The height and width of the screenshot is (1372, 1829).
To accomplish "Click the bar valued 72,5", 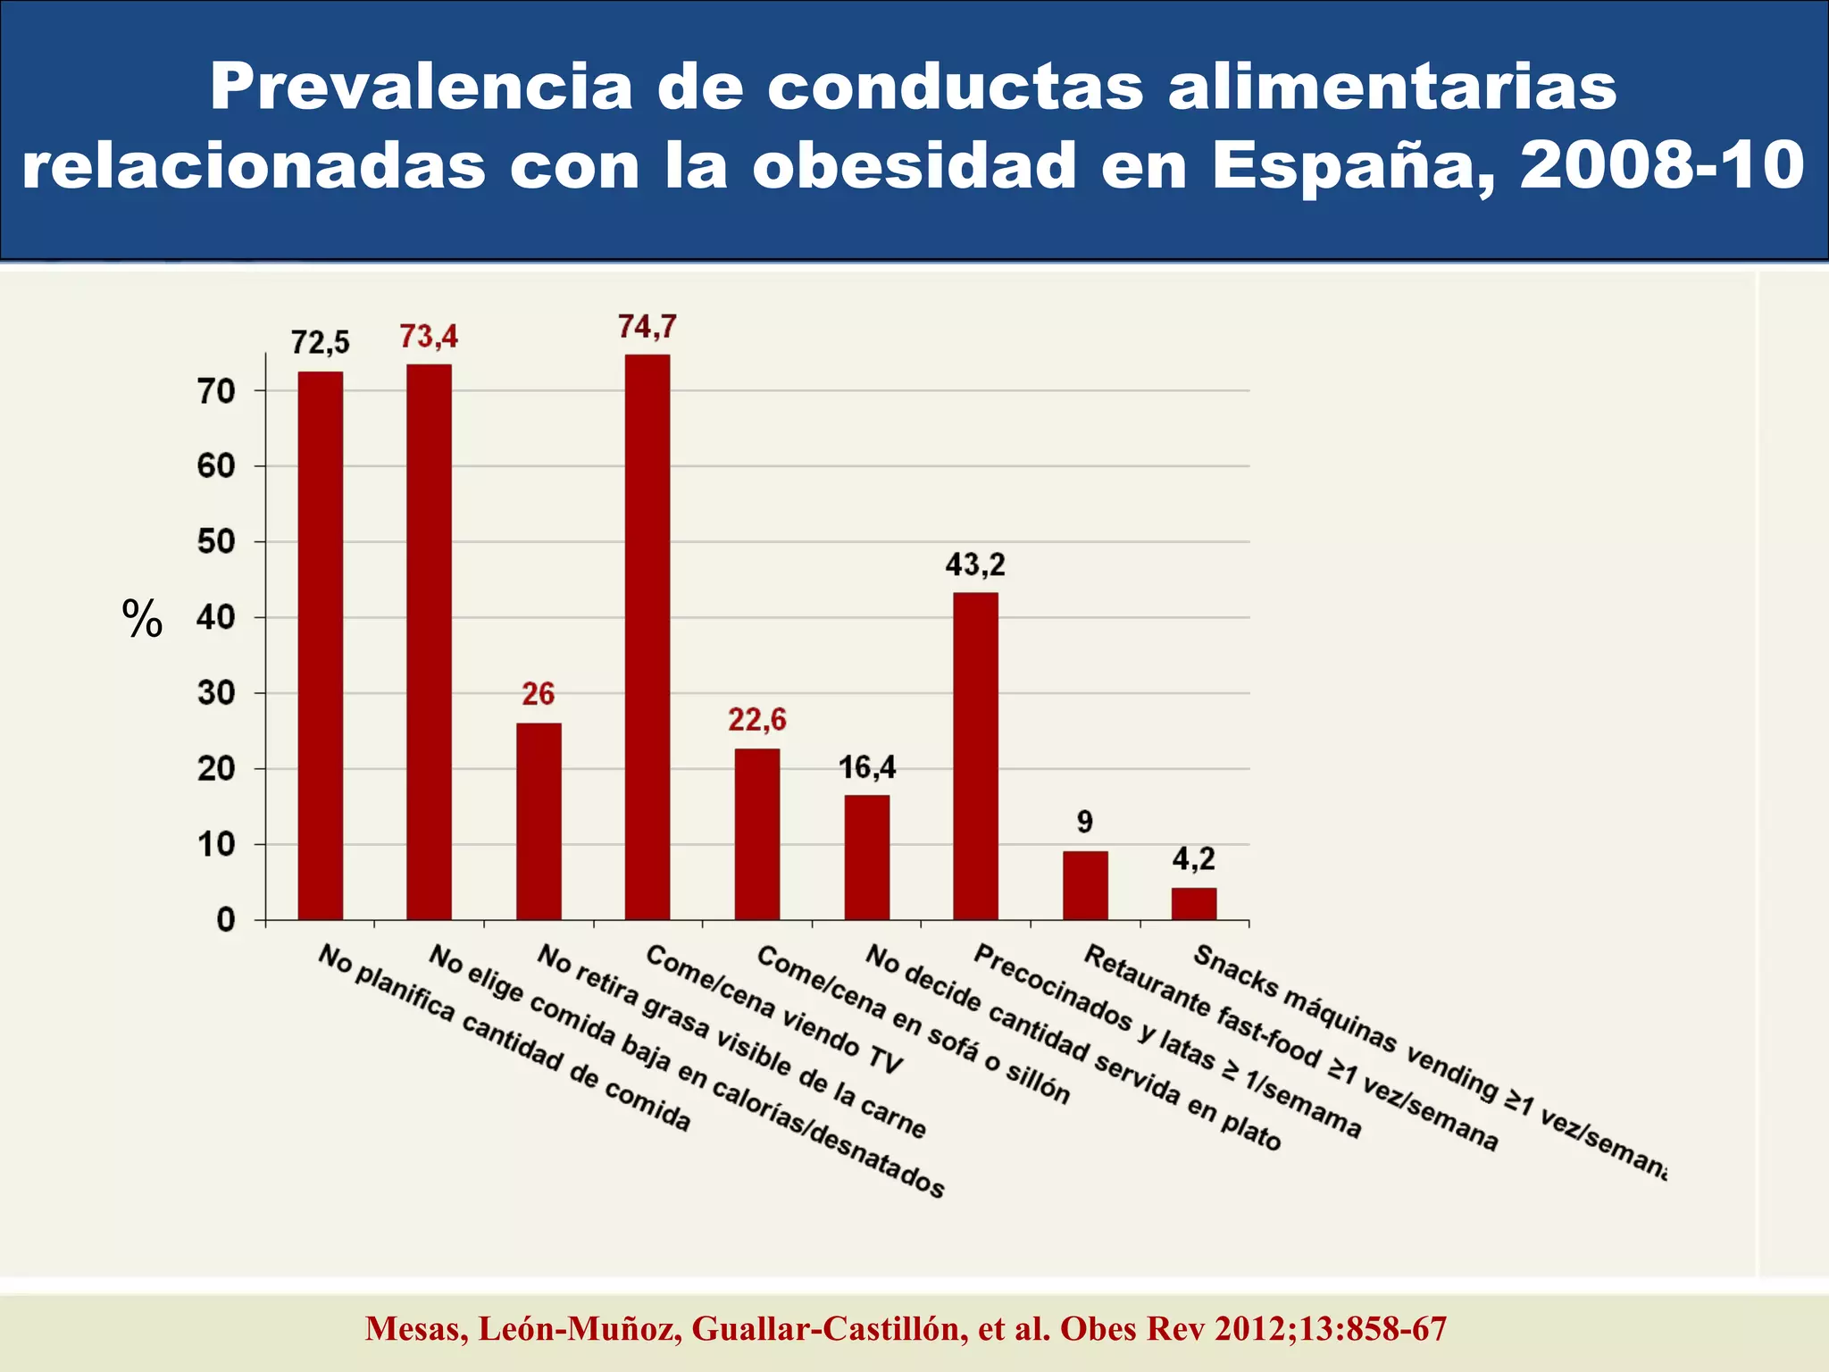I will point(320,645).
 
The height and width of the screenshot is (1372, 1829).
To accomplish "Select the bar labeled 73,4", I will point(429,641).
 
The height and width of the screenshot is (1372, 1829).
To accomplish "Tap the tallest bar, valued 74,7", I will point(647,636).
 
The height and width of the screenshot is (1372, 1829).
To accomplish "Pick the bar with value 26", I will point(539,821).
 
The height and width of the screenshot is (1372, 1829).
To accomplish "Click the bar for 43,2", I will point(975,756).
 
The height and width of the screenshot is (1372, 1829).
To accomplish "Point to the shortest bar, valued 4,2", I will point(1194,903).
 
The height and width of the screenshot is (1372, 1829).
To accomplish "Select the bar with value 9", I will point(1085,884).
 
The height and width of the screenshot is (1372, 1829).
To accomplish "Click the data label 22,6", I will point(757,719).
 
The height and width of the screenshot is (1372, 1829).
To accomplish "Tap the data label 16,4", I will point(867,766).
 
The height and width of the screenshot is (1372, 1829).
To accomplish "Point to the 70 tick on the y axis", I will point(216,391).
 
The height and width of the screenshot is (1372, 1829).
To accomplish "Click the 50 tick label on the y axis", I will point(216,542).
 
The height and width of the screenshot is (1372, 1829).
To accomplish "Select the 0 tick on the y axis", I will point(225,920).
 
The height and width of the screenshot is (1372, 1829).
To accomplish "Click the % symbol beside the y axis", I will point(142,618).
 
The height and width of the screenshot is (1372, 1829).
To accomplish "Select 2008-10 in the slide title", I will point(1661,166).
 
